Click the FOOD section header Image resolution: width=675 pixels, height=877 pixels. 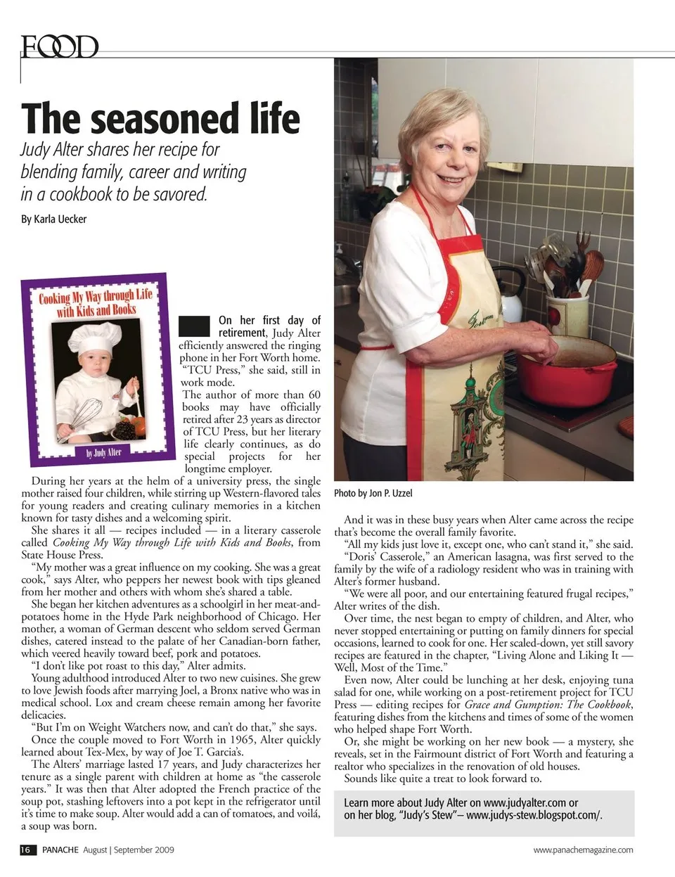(x=60, y=47)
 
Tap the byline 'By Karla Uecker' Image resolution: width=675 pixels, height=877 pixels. (x=53, y=219)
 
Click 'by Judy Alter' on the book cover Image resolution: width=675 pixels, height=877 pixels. (x=103, y=452)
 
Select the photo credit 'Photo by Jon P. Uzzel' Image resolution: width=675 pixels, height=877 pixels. (x=373, y=493)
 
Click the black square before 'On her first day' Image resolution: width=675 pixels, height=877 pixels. (x=194, y=326)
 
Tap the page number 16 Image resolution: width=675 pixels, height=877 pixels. (x=27, y=850)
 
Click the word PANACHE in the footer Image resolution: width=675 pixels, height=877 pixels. (x=60, y=850)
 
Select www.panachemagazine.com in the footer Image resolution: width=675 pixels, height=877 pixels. (x=583, y=850)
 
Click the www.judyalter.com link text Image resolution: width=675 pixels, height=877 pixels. (x=525, y=802)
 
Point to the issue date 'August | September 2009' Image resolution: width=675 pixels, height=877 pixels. (x=129, y=850)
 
